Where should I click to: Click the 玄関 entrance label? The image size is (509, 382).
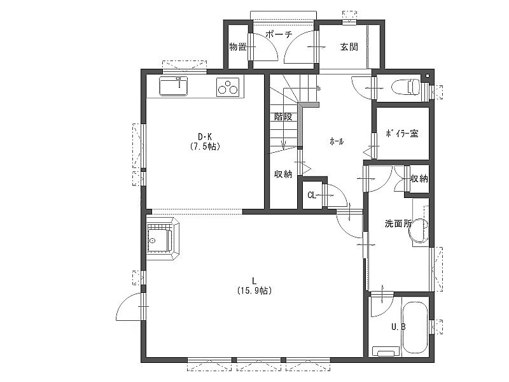(349, 46)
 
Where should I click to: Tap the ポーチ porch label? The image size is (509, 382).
(279, 34)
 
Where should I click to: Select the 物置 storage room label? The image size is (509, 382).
(238, 46)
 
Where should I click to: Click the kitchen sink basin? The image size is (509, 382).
(173, 86)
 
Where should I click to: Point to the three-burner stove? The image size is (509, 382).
(228, 87)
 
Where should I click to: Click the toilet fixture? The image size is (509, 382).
(406, 87)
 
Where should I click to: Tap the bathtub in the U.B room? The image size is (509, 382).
(415, 328)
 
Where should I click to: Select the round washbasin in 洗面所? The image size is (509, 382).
(419, 230)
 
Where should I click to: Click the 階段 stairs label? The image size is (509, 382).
(283, 117)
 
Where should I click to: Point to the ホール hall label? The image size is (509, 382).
(337, 141)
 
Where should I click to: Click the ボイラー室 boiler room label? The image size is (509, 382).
(402, 134)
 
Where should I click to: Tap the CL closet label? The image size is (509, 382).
(312, 195)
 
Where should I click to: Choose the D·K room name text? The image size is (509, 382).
(205, 136)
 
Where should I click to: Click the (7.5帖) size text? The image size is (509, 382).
(205, 146)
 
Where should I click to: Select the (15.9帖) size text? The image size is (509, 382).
(254, 290)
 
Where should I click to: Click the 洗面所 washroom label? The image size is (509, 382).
(398, 223)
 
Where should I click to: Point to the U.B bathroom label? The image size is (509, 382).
(398, 327)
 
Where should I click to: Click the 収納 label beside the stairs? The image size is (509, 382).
(283, 174)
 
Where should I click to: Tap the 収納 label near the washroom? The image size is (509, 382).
(419, 179)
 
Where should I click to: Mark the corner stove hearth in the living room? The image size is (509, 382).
(163, 239)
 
